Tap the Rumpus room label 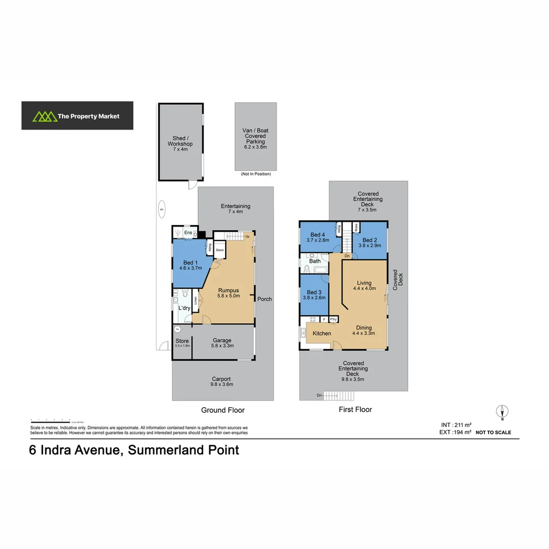tap(228, 293)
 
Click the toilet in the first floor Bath tap(307, 269)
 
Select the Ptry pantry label tap(334, 319)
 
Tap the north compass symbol tap(502, 412)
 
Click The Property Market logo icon tap(44, 116)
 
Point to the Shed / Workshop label tap(180, 143)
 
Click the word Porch tap(264, 299)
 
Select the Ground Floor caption tap(223, 410)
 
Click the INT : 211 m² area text tap(456, 425)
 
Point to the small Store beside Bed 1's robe tap(220, 251)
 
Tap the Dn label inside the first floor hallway tap(347, 256)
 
